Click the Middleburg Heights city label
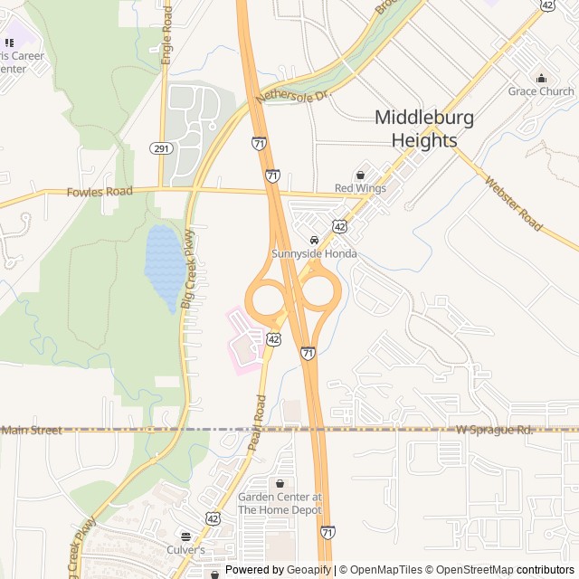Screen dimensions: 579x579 click(424, 128)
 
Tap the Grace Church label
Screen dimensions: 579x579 click(541, 91)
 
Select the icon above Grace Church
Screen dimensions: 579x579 click(541, 78)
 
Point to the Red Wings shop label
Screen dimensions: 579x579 click(360, 188)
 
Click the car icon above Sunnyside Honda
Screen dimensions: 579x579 click(314, 241)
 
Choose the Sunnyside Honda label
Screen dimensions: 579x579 click(315, 254)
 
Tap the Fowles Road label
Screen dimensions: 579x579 click(100, 192)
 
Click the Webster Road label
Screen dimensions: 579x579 click(513, 203)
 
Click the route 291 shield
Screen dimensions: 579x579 click(161, 148)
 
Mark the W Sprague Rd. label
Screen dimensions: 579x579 click(495, 429)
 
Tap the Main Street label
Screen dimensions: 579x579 click(32, 431)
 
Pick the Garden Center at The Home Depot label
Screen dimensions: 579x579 click(280, 503)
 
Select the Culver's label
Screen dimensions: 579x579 click(185, 549)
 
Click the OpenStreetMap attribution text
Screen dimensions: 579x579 click(470, 570)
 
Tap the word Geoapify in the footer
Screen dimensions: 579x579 click(309, 570)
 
